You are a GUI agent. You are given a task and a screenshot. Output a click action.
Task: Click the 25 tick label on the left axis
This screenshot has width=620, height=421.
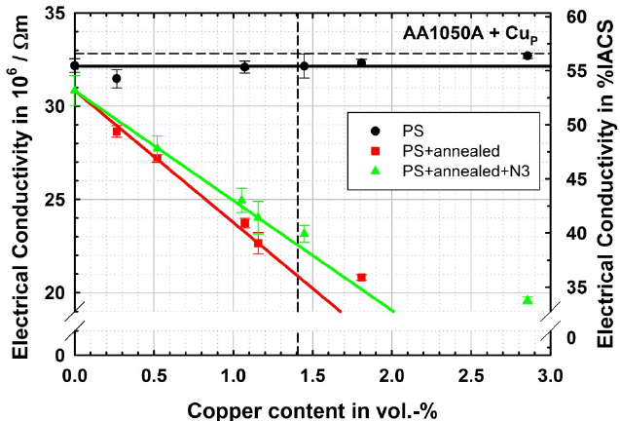click(54, 200)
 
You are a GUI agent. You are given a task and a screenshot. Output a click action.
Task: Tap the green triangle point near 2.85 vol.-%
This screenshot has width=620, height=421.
click(528, 299)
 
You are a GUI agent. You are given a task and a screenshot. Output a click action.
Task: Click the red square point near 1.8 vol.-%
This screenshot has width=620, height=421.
click(361, 278)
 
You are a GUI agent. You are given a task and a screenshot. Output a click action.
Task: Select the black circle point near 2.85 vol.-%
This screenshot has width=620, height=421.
click(528, 56)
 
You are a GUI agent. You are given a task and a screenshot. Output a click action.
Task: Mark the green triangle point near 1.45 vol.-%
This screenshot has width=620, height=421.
click(305, 233)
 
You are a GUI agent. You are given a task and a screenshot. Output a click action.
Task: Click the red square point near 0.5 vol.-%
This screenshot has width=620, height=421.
click(157, 158)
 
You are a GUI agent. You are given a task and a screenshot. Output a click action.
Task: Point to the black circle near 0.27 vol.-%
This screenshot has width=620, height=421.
click(117, 78)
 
